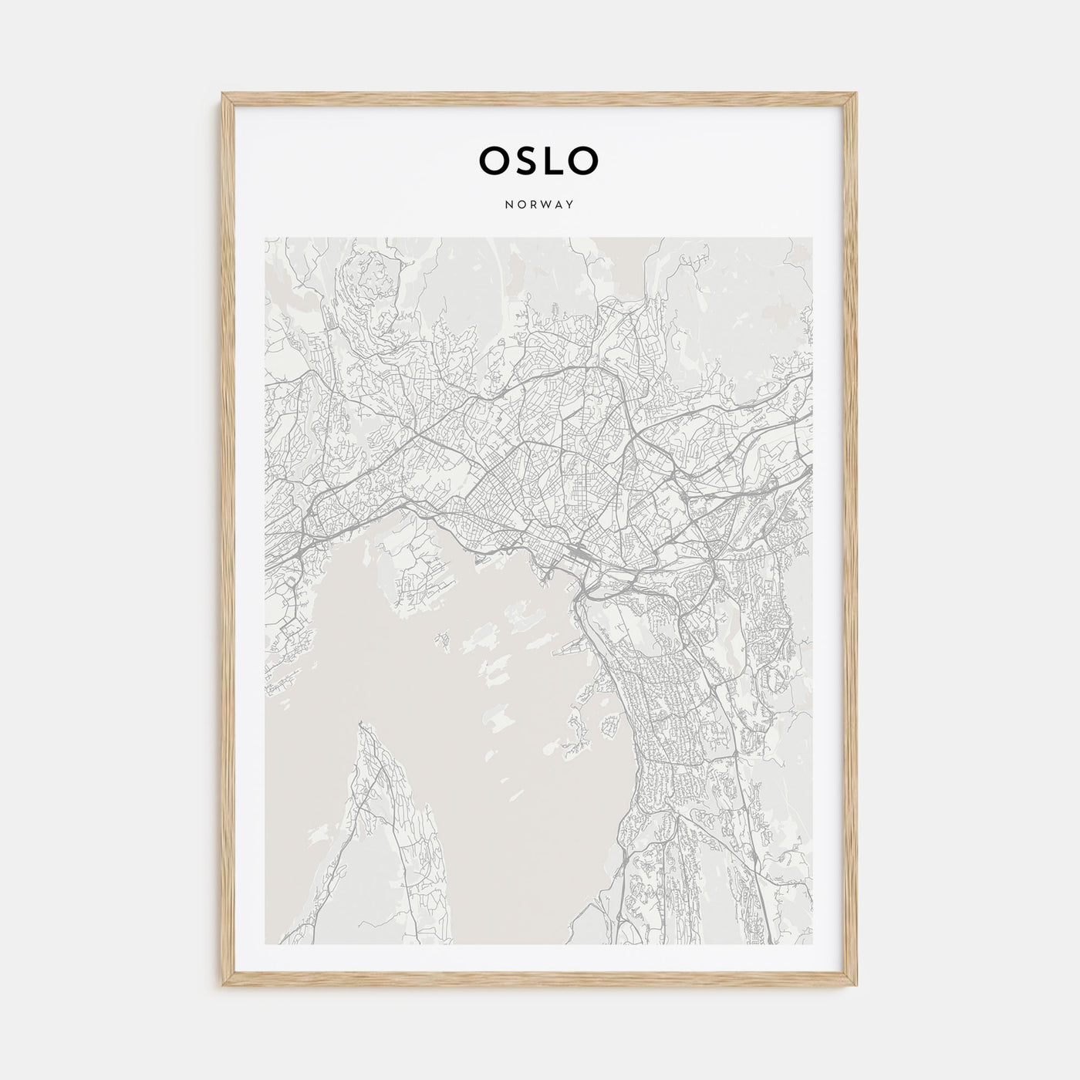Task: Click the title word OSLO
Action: [x=538, y=160]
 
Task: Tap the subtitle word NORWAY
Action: [x=538, y=205]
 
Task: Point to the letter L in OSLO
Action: [x=552, y=160]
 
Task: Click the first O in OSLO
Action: [x=492, y=160]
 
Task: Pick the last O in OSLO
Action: [x=584, y=160]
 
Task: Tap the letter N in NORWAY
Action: [x=508, y=205]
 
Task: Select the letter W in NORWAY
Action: [x=545, y=205]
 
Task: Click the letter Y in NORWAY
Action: [x=570, y=205]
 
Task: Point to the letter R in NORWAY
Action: [x=532, y=205]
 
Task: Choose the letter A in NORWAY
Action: [x=558, y=205]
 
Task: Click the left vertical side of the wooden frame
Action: [x=226, y=540]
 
